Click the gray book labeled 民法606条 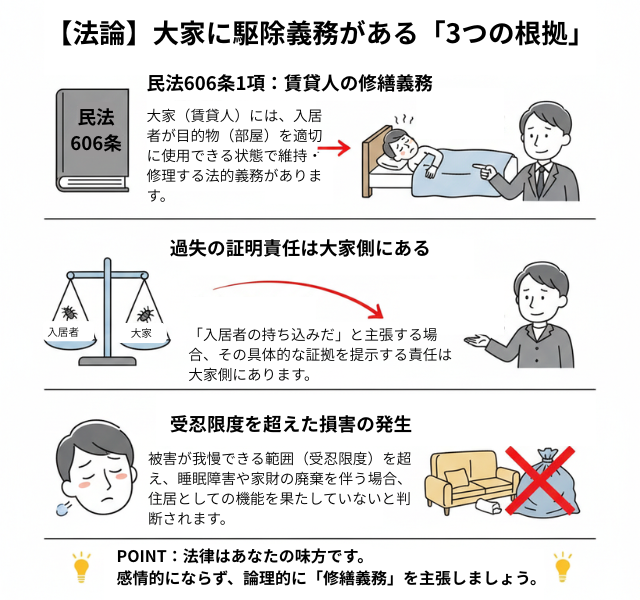pyautogui.click(x=96, y=139)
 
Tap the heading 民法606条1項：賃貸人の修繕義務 pyautogui.click(x=289, y=83)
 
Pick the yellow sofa pyautogui.click(x=466, y=480)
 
